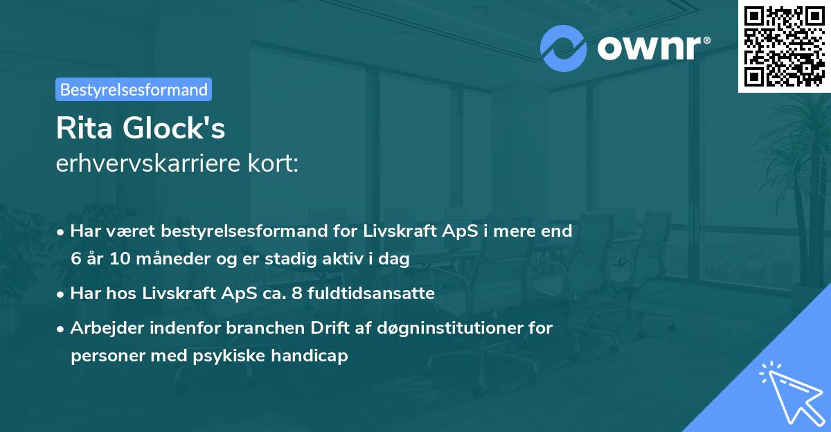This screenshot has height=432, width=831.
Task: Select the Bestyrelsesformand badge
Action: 134,89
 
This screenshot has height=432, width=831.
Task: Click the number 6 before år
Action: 75,259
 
